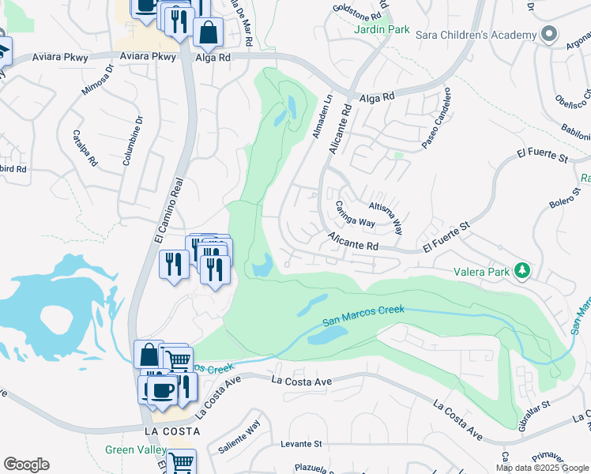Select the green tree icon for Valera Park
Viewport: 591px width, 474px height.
point(521,271)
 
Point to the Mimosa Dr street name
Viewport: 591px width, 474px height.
point(99,80)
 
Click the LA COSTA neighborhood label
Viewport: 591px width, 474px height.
point(171,431)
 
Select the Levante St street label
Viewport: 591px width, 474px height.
point(301,445)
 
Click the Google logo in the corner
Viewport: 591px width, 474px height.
point(26,465)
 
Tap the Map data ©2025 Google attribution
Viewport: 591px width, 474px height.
point(541,468)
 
